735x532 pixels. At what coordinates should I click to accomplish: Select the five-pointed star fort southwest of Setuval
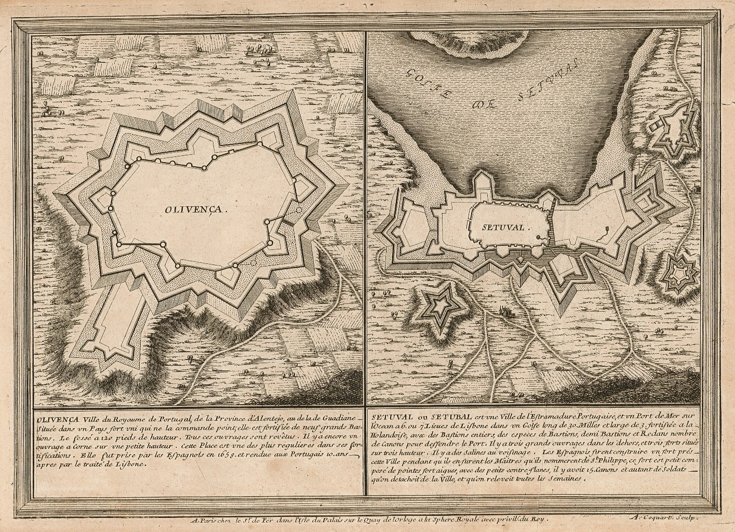click(x=437, y=309)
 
